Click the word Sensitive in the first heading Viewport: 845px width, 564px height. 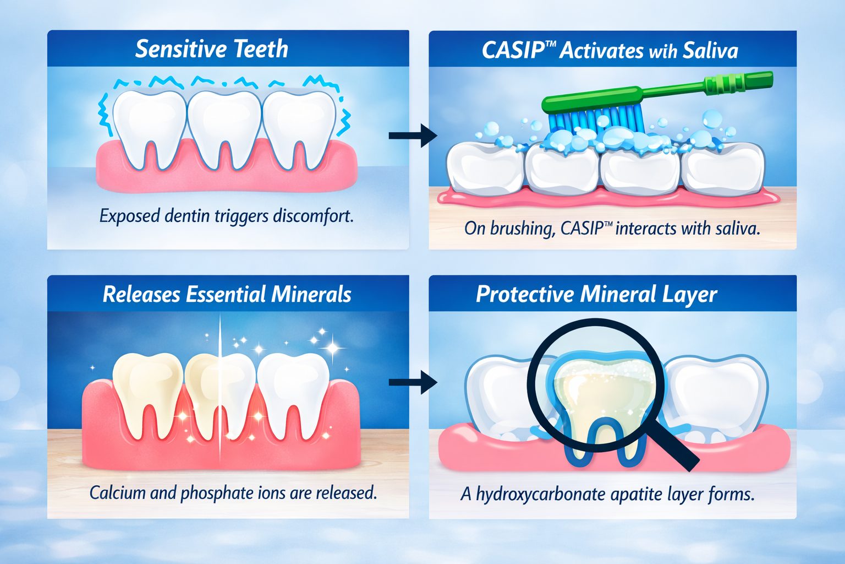179,49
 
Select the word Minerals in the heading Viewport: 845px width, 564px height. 311,295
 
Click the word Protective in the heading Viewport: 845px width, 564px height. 525,295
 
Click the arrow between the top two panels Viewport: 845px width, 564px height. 413,135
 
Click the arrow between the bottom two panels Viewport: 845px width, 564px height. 413,382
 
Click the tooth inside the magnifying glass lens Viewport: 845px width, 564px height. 603,400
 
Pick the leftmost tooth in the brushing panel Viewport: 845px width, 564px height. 485,168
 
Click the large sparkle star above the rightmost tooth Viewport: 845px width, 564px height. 332,348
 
